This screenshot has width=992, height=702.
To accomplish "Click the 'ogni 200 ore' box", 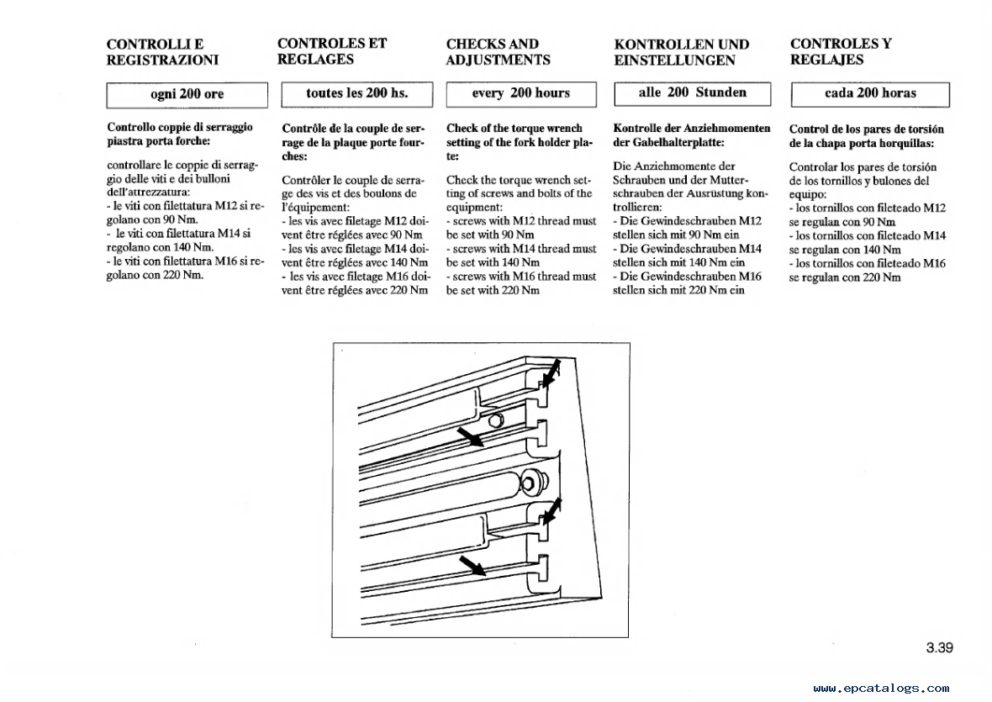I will [x=187, y=94].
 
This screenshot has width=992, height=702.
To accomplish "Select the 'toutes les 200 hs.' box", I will [x=356, y=93].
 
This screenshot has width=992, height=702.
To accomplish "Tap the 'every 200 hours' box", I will [x=520, y=93].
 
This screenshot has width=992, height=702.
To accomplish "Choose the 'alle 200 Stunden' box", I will [x=692, y=92].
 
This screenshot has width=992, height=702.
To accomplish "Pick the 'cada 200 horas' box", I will [x=870, y=93].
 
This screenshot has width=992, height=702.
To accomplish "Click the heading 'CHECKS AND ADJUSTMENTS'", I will [x=498, y=52].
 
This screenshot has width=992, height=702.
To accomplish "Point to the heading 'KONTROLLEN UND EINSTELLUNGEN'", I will [x=682, y=52].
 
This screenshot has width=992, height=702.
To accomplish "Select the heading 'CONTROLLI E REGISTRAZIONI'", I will [x=162, y=52].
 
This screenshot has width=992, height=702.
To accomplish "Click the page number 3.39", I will [x=939, y=647].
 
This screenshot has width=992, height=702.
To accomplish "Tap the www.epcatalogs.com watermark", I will [x=880, y=688].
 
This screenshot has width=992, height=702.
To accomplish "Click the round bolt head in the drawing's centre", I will [x=531, y=482].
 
